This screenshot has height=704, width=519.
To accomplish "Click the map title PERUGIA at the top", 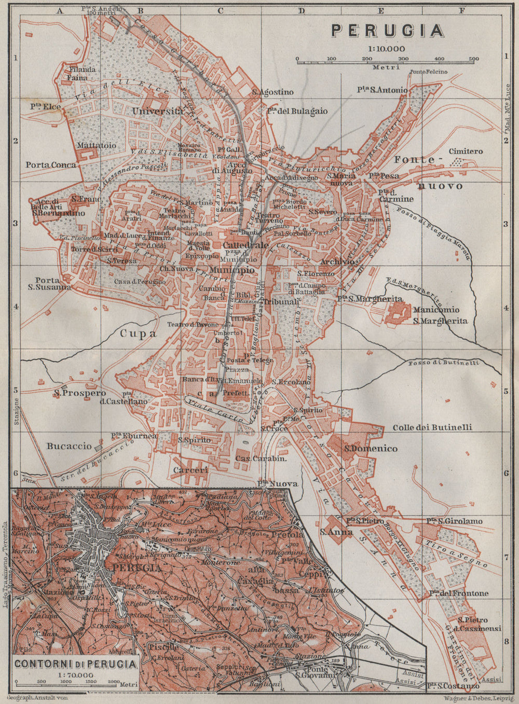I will pyautogui.click(x=388, y=31).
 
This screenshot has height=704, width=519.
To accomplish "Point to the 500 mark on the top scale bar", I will pyautogui.click(x=473, y=59).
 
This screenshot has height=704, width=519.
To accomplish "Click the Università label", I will pyautogui.click(x=158, y=111).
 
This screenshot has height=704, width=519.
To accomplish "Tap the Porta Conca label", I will pyautogui.click(x=50, y=165).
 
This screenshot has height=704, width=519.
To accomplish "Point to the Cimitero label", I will pyautogui.click(x=466, y=151).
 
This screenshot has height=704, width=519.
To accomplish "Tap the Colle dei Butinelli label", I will pyautogui.click(x=432, y=427).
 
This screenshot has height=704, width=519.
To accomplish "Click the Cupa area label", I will pyautogui.click(x=139, y=334).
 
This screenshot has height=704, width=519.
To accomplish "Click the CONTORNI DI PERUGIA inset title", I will pyautogui.click(x=76, y=664).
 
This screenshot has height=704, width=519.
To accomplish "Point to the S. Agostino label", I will pyautogui.click(x=272, y=92).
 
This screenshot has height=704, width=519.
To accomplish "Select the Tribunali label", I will pyautogui.click(x=282, y=301).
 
